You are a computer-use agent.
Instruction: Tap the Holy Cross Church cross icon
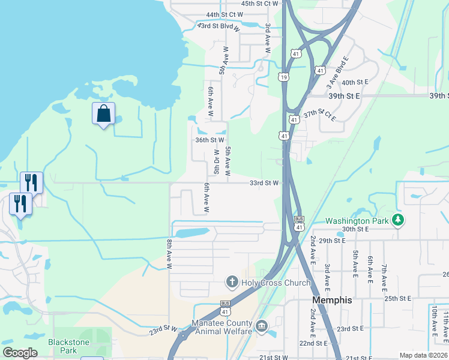pos(232,282)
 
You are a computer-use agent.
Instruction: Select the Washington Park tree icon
pos(397,220)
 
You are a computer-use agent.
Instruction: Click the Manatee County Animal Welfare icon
pos(262,326)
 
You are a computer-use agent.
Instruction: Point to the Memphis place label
pos(332,299)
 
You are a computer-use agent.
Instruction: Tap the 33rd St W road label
pos(265,183)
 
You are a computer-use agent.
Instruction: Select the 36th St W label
pos(209,140)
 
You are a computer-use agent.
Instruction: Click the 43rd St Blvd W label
pos(219,27)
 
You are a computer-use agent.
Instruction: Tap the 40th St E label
pos(354,82)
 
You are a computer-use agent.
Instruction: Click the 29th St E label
pos(333,240)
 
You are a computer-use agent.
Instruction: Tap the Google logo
pos(20,353)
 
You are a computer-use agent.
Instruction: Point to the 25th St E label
pos(398,298)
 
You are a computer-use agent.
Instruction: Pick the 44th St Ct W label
pos(224,14)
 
